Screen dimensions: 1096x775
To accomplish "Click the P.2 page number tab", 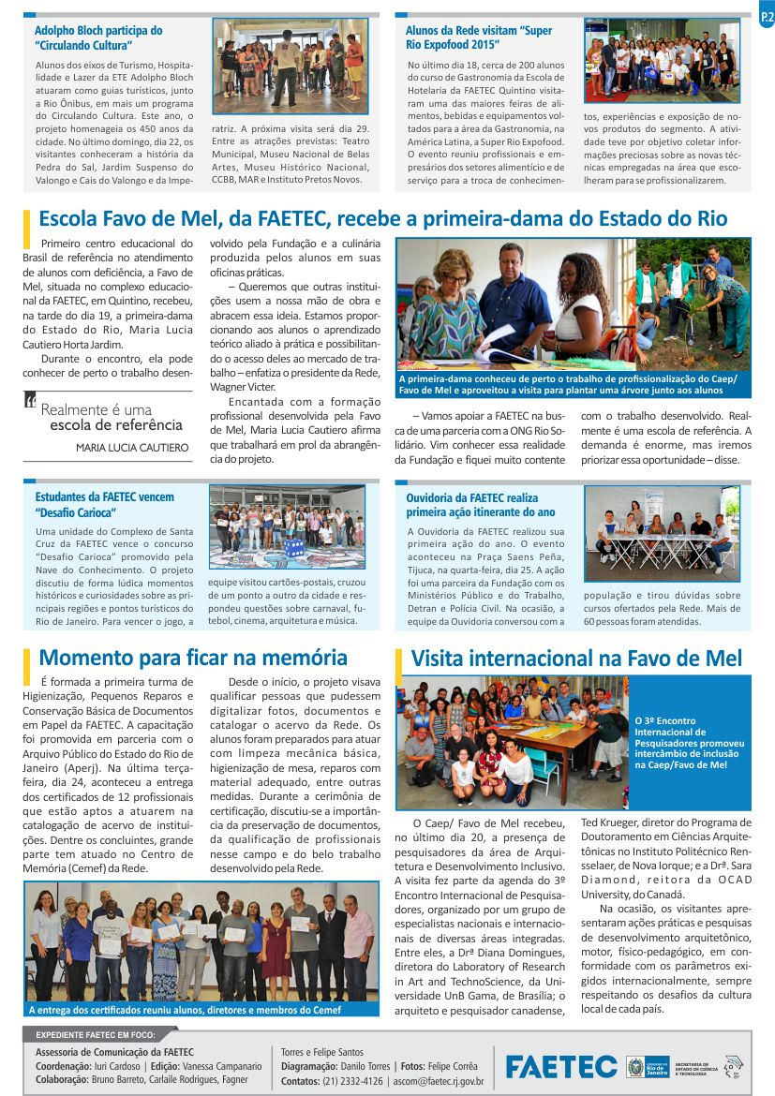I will point(766,18).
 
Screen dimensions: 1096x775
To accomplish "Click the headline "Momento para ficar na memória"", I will point(193,658).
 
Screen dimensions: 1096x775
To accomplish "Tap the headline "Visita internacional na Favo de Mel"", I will point(576,658).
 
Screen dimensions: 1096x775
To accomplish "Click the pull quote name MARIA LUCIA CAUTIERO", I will point(132,448).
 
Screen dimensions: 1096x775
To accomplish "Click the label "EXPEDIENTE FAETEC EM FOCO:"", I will point(95,1035).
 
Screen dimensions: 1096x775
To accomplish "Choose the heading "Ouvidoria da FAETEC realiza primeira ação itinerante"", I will point(472,505).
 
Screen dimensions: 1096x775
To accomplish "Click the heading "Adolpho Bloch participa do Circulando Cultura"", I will point(98,37).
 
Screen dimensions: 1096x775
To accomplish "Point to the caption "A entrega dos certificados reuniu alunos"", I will point(185,1010).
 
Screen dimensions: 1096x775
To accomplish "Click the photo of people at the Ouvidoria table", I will point(663,532).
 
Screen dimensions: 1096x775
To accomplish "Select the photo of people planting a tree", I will point(693,304).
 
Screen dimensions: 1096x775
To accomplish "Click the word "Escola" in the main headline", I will point(71,219).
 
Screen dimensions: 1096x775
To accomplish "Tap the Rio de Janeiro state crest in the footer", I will point(635,1066).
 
